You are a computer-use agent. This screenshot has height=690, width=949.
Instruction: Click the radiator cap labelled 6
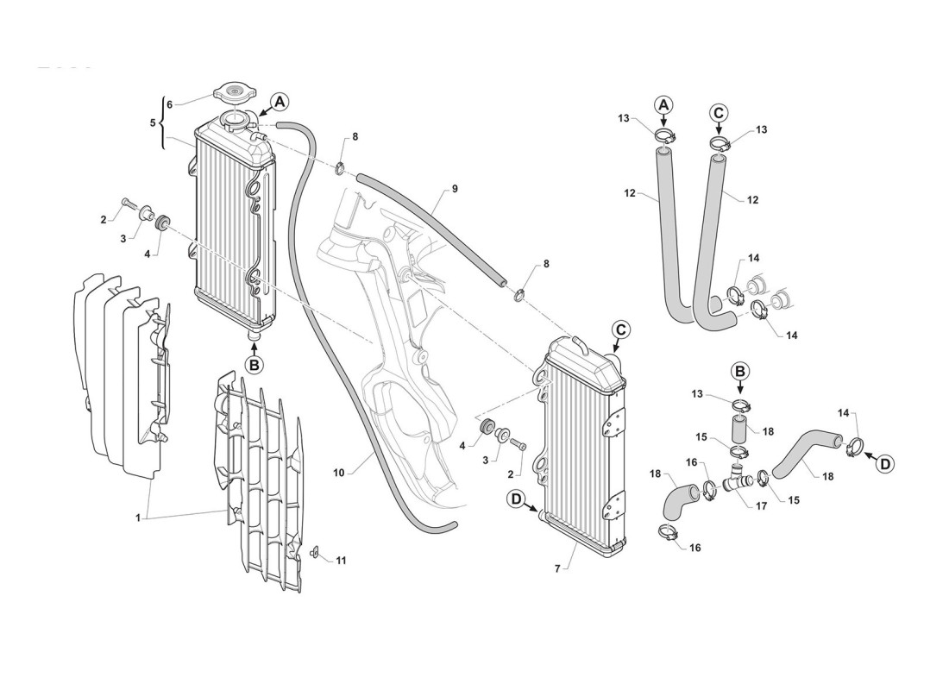click(231, 92)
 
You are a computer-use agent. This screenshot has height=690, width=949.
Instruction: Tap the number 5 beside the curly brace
click(154, 123)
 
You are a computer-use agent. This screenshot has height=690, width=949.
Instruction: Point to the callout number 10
click(339, 472)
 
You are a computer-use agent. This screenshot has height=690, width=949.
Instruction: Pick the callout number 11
click(342, 561)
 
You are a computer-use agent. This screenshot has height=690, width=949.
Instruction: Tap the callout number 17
click(761, 506)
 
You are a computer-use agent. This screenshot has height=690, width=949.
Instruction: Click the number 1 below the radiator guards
click(137, 517)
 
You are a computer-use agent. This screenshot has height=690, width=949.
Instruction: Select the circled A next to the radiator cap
click(279, 102)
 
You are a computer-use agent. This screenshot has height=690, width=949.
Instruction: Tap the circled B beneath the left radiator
click(254, 365)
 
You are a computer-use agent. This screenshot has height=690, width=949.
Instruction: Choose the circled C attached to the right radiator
click(622, 329)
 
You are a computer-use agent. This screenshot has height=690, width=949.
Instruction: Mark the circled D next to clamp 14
click(884, 463)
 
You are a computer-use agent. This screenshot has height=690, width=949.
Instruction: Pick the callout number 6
click(169, 104)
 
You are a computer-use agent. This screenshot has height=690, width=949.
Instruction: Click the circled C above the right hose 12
click(719, 111)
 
